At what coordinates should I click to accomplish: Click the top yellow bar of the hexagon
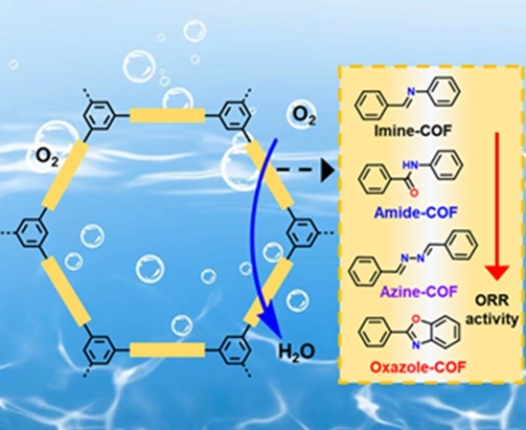(x=167, y=113)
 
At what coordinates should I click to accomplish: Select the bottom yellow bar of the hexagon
(x=167, y=350)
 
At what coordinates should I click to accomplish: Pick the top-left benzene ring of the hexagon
(x=98, y=114)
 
